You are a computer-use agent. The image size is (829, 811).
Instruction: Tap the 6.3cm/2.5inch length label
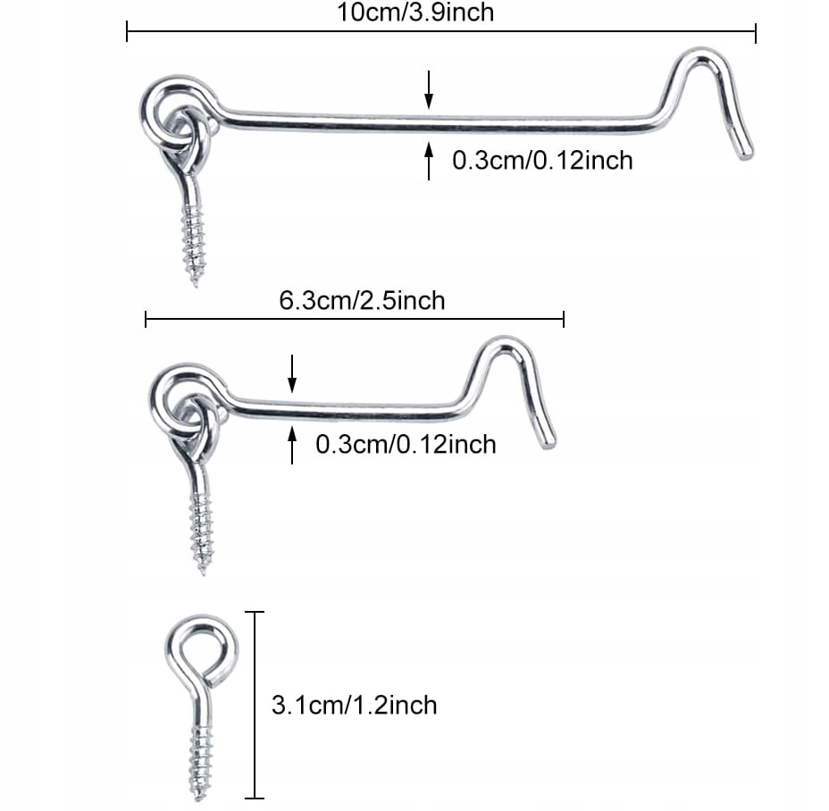[362, 300]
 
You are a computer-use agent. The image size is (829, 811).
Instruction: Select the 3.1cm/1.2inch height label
[354, 706]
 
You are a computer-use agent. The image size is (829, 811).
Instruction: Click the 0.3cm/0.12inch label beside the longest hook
[542, 161]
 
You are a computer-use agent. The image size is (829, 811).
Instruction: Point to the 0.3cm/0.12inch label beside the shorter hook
[406, 444]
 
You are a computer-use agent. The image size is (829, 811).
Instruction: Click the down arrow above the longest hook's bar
[429, 89]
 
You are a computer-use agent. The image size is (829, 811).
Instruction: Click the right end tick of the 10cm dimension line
[756, 34]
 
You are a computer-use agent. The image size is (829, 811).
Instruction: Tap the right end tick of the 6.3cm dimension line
[563, 319]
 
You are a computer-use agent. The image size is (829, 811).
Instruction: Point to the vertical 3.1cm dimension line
[256, 706]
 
